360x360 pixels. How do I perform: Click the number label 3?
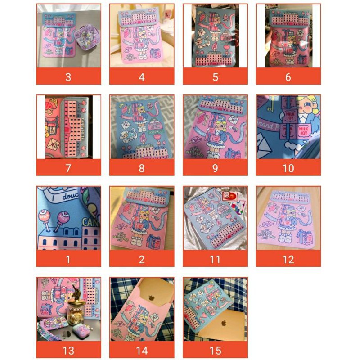pos(68,77)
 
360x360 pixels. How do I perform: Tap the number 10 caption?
pos(288,168)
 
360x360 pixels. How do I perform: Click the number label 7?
pos(68,168)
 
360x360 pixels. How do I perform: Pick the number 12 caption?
pos(288,259)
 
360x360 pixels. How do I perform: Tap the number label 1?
pos(68,259)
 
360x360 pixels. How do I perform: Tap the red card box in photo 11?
pos(229,197)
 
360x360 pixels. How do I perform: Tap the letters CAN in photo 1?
pos(92,222)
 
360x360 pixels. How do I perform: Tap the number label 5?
pos(215,77)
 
